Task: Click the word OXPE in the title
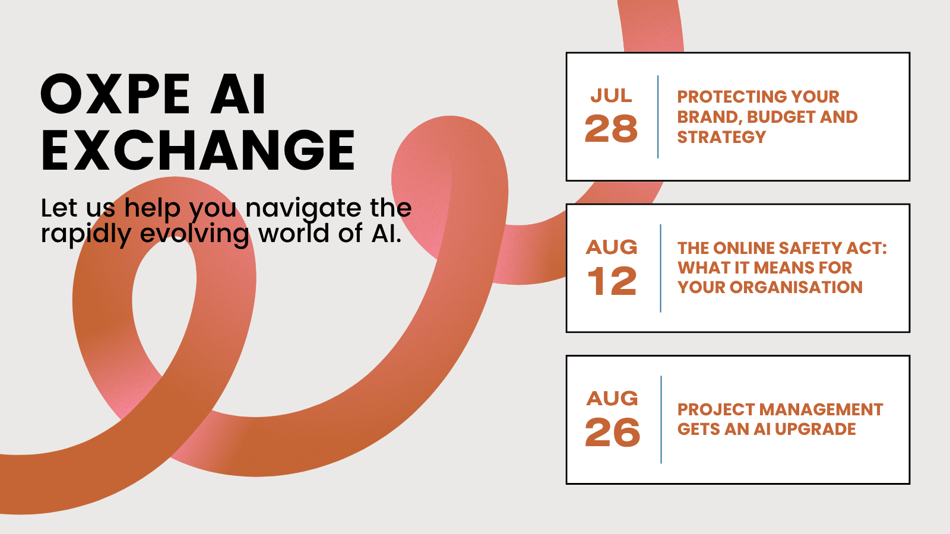115,94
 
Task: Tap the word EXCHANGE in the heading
198,150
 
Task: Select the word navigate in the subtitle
303,208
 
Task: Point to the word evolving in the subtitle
194,234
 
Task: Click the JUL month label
611,96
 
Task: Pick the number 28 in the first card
611,128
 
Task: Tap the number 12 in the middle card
612,281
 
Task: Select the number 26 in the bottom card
612,432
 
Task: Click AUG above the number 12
612,247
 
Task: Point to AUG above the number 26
612,398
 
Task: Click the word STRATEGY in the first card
721,137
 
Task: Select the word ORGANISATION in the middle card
796,287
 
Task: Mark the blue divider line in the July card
658,117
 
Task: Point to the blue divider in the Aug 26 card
661,419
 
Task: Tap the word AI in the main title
238,94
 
